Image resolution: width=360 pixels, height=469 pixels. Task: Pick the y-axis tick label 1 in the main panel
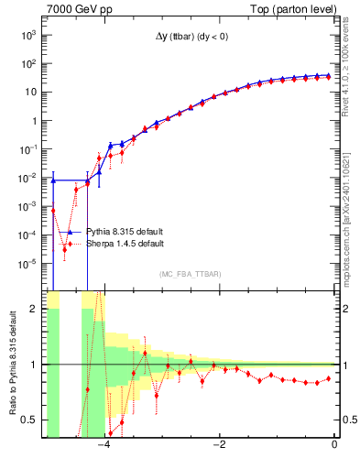(35, 121)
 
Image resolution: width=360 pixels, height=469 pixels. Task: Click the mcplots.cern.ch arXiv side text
(350, 220)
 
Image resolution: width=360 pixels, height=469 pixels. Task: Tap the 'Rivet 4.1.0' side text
(350, 73)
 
